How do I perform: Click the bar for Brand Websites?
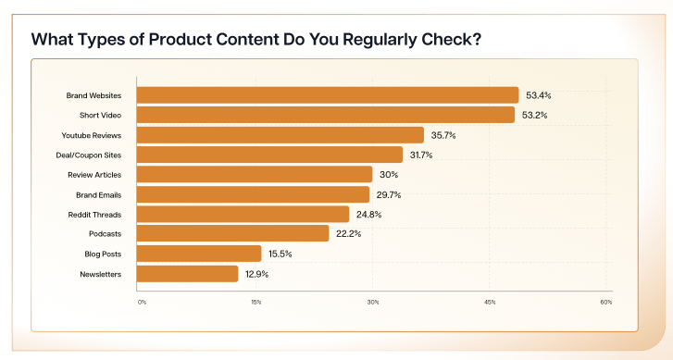pos(328,95)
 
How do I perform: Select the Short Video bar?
pos(326,115)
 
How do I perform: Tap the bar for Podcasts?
pos(233,233)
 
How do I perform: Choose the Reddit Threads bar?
pos(243,214)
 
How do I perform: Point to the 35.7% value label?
pos(444,135)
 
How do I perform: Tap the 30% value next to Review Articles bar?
pos(388,175)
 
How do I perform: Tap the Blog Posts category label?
pos(109,254)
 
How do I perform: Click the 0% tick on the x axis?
pos(142,302)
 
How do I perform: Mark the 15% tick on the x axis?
pos(255,302)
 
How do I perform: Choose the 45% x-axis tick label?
pos(490,302)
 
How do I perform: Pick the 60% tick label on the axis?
pos(605,302)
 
